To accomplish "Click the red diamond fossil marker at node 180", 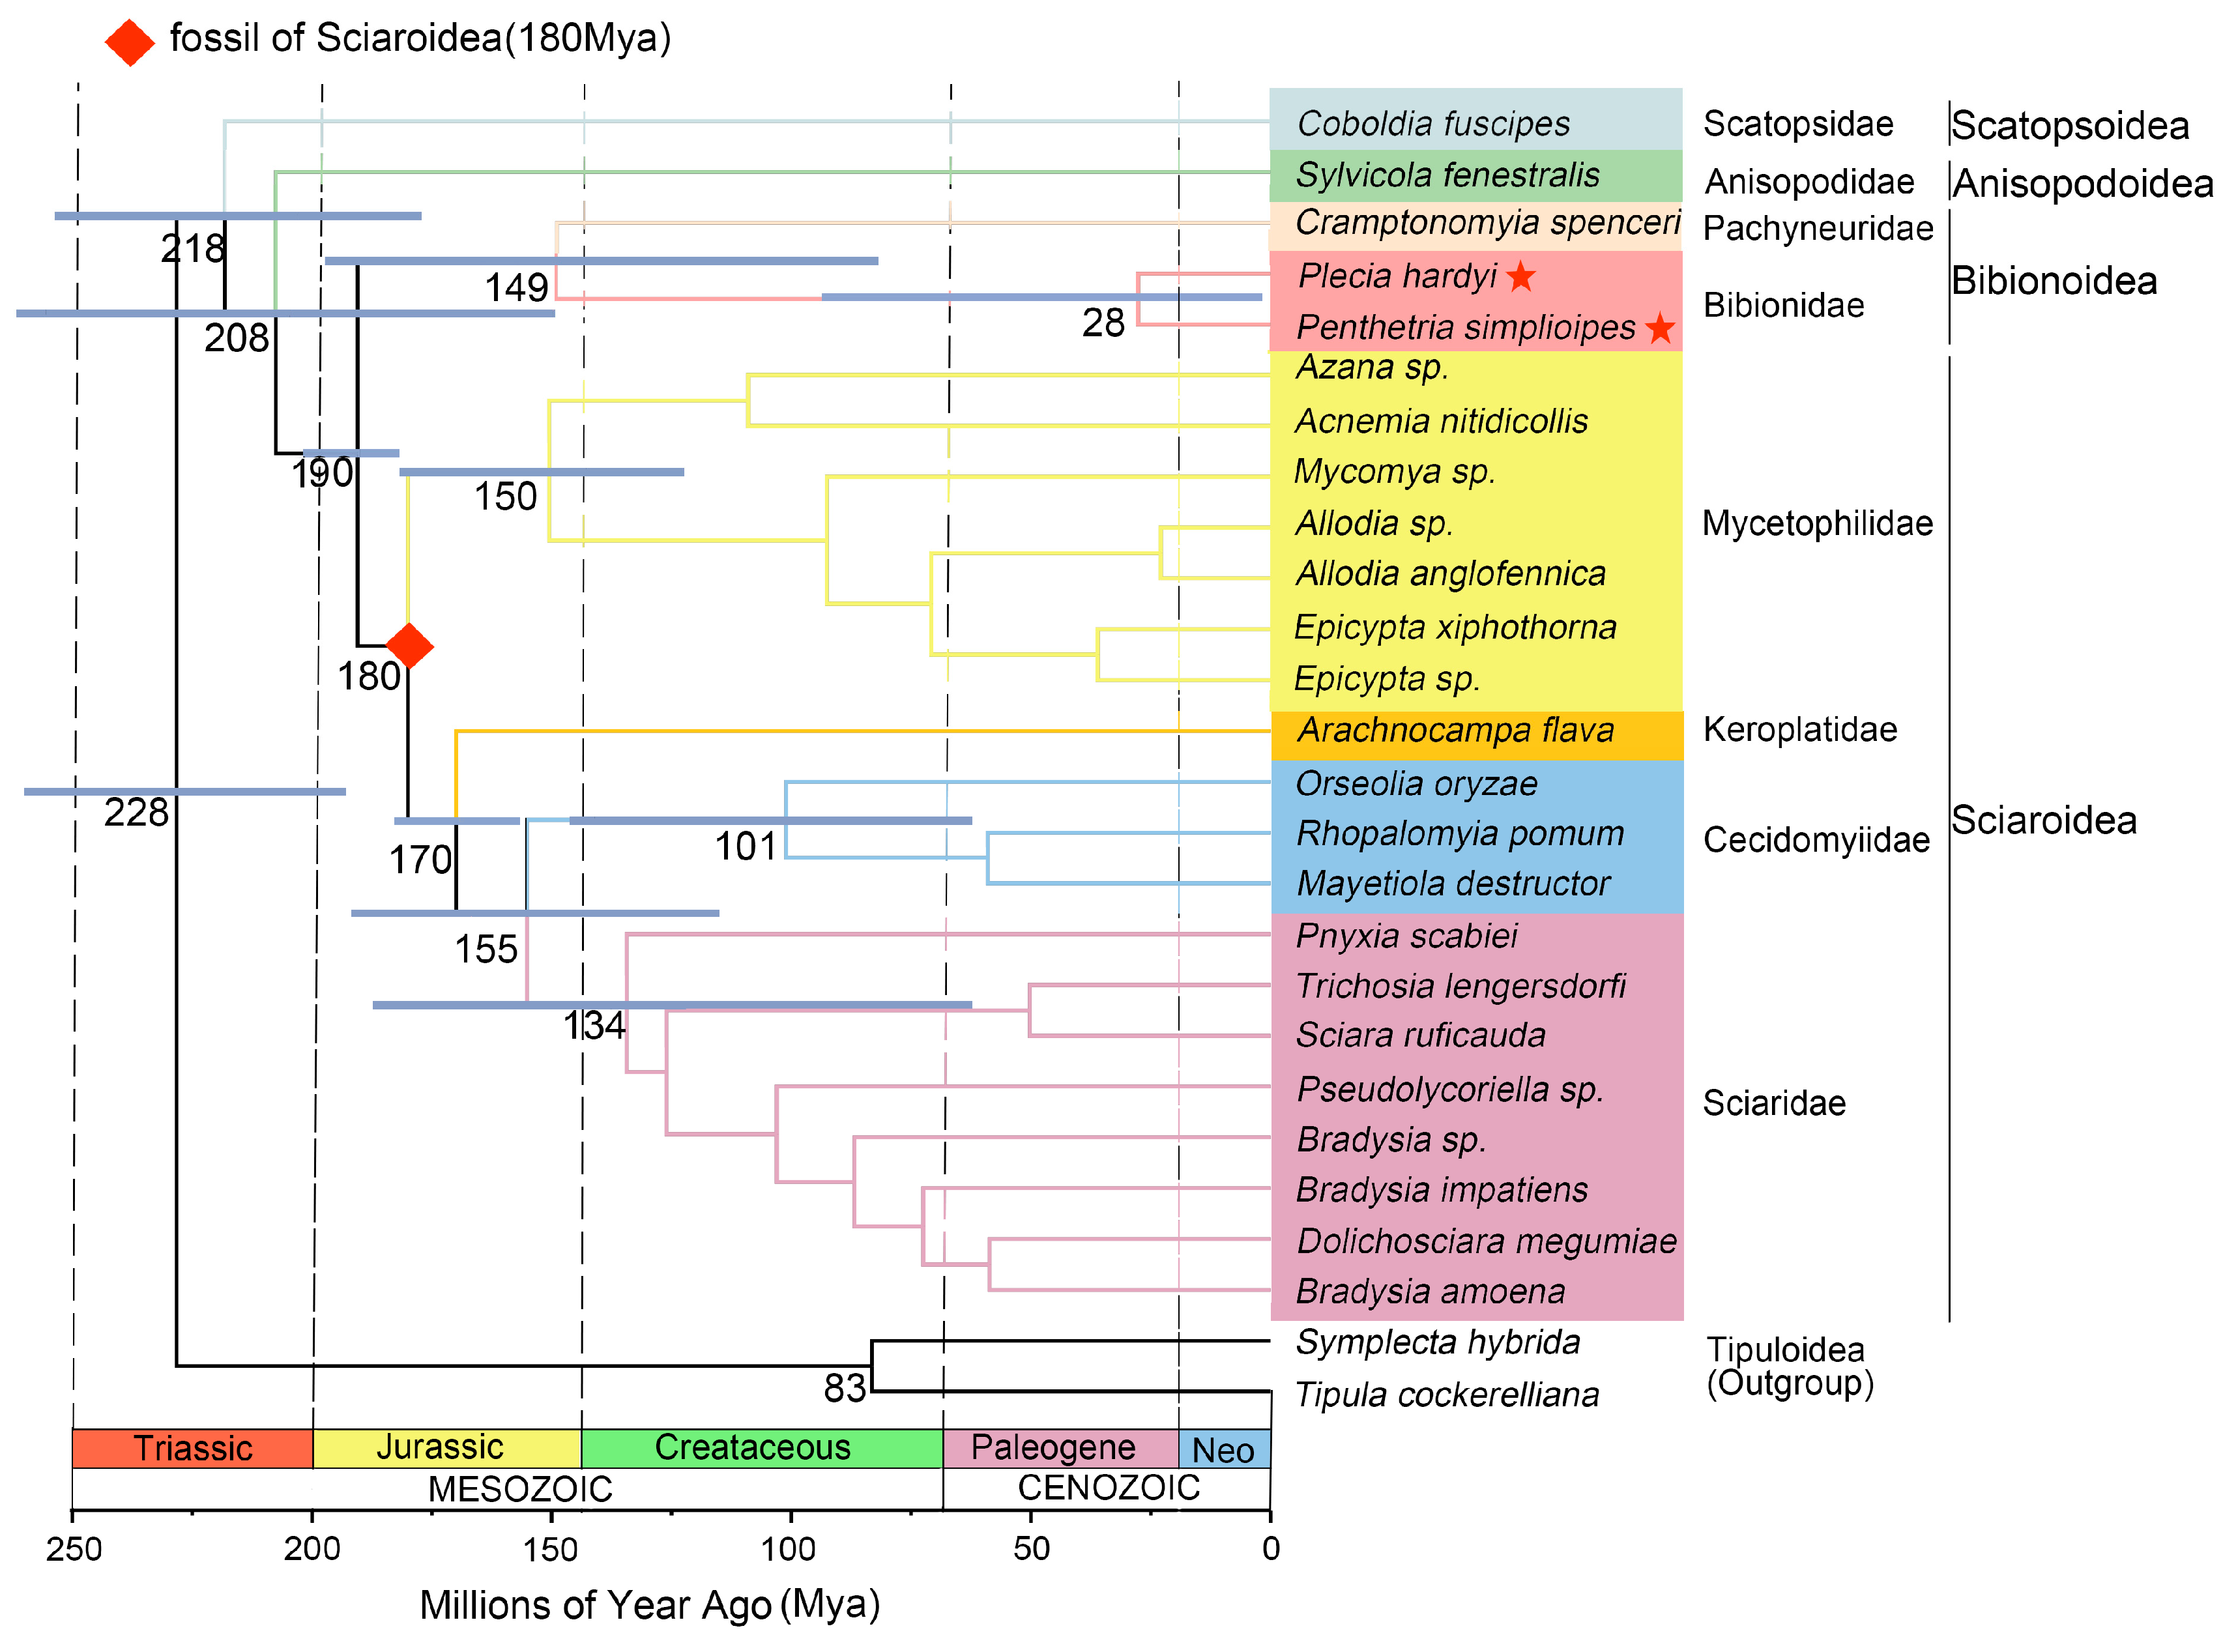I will point(409,646).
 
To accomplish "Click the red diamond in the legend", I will point(130,42).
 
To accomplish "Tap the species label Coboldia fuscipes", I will point(1432,124).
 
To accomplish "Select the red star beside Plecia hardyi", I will point(1520,277).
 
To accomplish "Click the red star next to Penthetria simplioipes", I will point(1660,328).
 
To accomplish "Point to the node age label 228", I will point(137,813).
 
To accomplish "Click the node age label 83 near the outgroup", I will point(844,1389).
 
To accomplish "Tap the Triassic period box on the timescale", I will point(192,1448).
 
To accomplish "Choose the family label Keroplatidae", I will point(1799,729).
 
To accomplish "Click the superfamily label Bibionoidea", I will point(2053,281).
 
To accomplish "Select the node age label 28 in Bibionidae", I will point(1103,323).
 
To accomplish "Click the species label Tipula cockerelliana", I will point(1446,1395).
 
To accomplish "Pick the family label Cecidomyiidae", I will point(1815,839).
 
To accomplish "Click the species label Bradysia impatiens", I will point(1441,1190).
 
